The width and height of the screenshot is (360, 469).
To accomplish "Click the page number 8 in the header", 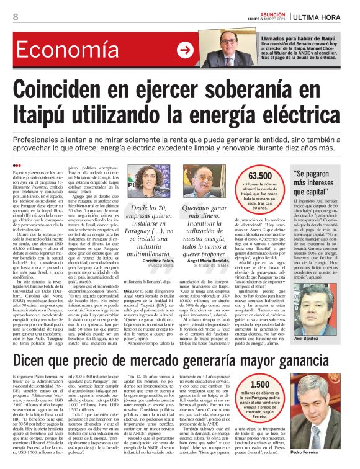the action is coord(15,17).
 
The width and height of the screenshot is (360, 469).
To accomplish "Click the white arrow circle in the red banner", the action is coord(185,50).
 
